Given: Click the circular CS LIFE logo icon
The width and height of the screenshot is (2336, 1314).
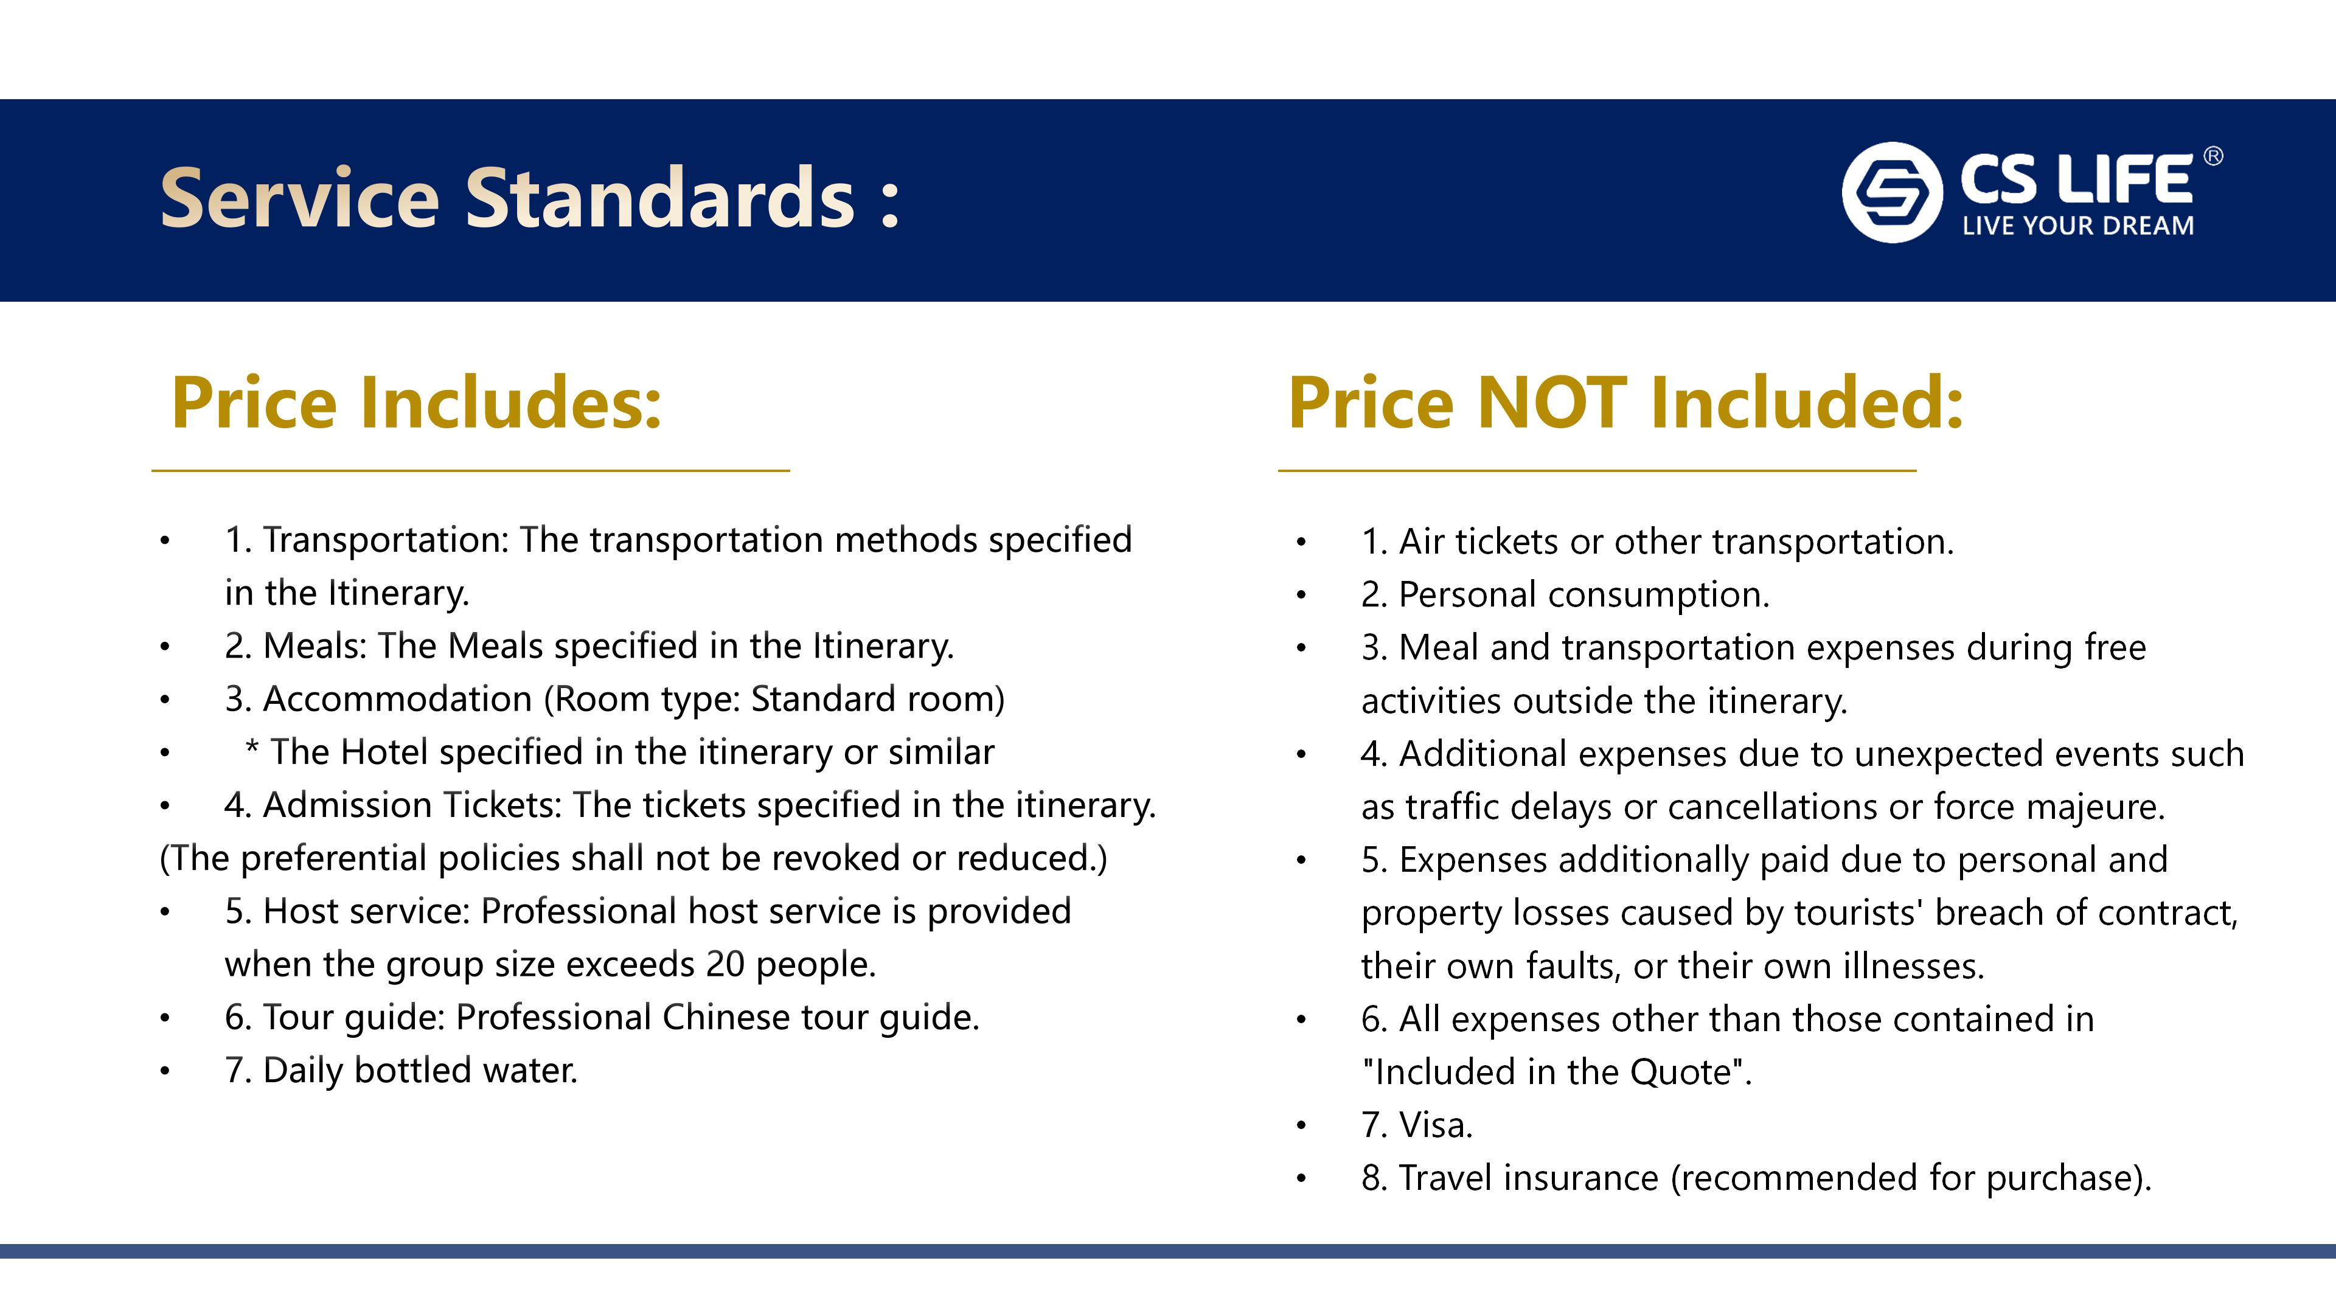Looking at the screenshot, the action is (x=1892, y=192).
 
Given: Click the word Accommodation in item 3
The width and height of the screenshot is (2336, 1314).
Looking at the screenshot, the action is (x=397, y=699).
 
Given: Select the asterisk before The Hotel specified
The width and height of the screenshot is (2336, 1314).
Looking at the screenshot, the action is (x=252, y=749).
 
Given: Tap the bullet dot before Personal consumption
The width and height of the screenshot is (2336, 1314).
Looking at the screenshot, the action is (x=1301, y=596).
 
